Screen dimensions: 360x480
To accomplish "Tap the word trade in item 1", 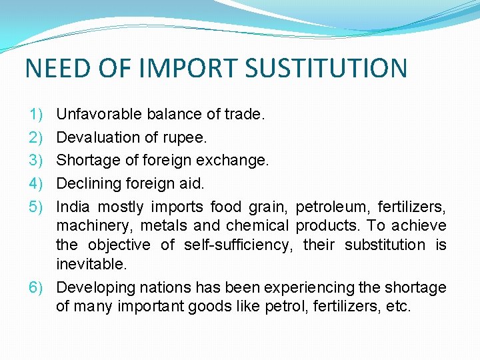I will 245,115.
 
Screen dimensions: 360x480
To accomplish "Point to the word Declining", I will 87,183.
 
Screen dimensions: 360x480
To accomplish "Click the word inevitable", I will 91,264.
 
